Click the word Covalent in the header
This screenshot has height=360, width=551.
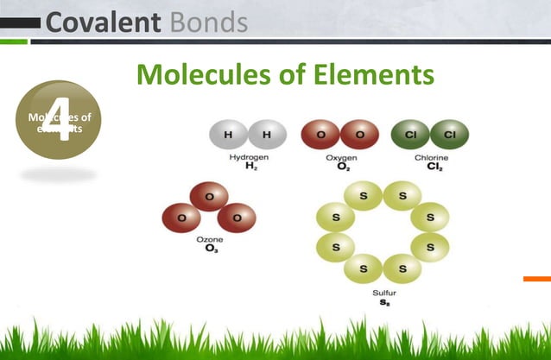coord(103,21)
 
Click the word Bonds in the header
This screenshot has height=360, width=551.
coord(207,21)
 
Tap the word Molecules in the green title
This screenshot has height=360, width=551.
coord(204,75)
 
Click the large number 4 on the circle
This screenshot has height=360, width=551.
coord(58,118)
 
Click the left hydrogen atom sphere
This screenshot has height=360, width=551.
coord(228,135)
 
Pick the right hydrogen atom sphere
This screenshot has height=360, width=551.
coord(266,135)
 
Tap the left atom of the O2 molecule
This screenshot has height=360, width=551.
coord(320,135)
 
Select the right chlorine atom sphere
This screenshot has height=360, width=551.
coord(450,135)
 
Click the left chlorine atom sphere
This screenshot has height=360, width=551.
coord(411,135)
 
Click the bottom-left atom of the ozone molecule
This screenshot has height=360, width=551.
coord(181,217)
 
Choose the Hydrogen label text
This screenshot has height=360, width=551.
coord(247,157)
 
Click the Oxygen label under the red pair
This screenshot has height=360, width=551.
coord(339,157)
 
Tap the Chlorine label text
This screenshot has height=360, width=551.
coord(430,157)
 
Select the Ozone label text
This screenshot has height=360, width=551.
coord(210,240)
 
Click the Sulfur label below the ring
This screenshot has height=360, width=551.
coord(383,293)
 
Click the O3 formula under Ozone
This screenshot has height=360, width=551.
coord(210,249)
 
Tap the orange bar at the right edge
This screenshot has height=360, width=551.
coord(536,278)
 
